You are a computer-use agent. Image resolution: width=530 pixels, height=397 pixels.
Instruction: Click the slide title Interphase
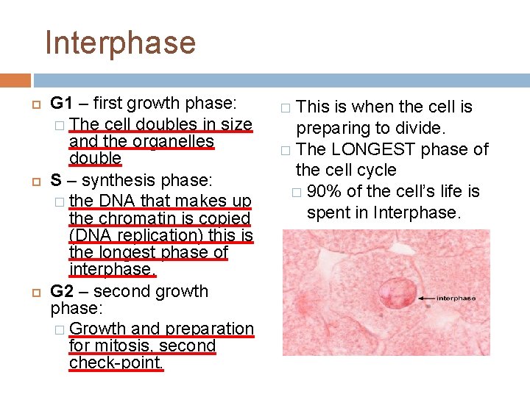click(x=120, y=43)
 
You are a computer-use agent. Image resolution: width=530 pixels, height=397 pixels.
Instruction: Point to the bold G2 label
click(x=63, y=291)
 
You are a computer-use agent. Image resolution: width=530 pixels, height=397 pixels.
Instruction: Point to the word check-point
click(x=116, y=362)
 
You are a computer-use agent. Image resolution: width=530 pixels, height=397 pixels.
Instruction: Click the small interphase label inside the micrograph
click(x=456, y=298)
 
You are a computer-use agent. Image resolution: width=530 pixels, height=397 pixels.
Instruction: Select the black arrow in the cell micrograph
click(x=427, y=298)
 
